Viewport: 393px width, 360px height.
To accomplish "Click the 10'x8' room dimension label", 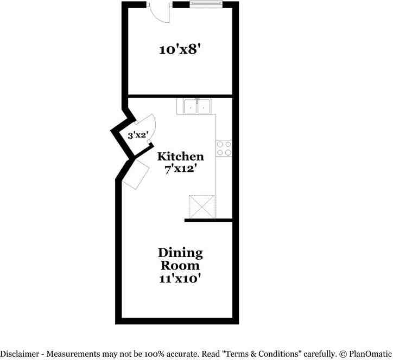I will coord(181,50).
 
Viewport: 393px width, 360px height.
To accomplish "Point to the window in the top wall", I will coord(205,5).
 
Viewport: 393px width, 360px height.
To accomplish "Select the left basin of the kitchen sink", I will coord(190,107).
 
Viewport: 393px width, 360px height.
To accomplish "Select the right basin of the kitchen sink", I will coord(205,107).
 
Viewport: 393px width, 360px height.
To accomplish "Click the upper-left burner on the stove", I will coord(220,144).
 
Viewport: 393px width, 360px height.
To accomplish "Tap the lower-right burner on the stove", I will coord(227,152).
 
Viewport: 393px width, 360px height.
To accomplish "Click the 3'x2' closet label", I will coord(138,136).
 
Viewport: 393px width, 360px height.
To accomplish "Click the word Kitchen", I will coord(181,157).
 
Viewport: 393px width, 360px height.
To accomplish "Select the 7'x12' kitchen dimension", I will coord(181,169).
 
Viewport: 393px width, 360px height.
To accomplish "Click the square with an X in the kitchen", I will coord(202,207).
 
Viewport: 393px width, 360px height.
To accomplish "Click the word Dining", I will coord(180,253).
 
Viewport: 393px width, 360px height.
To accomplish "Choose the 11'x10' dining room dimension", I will coord(180,279).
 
